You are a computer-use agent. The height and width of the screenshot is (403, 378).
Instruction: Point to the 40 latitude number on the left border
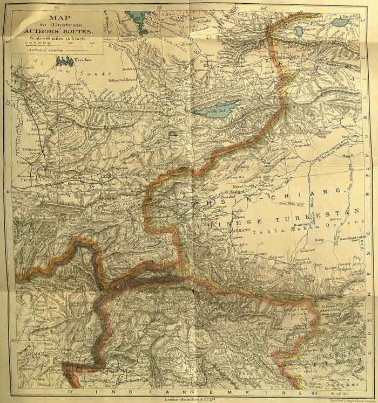[8, 191]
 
